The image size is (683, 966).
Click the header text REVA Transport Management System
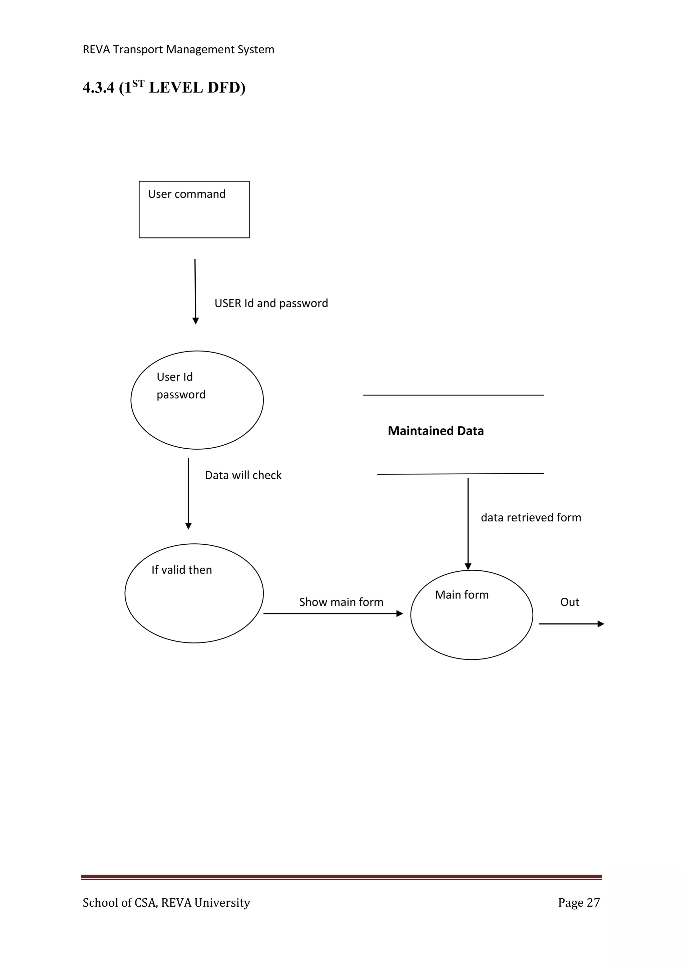(x=178, y=50)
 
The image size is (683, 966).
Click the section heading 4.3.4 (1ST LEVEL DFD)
(x=164, y=87)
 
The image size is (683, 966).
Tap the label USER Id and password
(x=271, y=303)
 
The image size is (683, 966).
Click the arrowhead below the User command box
(x=195, y=321)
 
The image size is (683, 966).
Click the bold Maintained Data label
(x=436, y=431)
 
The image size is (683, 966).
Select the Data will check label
(x=243, y=475)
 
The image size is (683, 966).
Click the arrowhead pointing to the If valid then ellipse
(x=188, y=526)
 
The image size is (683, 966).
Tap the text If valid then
(x=182, y=570)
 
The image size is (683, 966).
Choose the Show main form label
(x=341, y=602)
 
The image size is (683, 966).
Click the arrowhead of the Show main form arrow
(x=400, y=614)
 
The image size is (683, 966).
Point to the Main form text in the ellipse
(x=462, y=595)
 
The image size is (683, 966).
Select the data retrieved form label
(x=531, y=517)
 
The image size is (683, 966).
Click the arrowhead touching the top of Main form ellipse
(x=468, y=567)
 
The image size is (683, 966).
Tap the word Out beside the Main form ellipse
(x=570, y=602)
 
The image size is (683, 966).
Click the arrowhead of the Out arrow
(x=601, y=624)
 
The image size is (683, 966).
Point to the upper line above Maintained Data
(x=453, y=395)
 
